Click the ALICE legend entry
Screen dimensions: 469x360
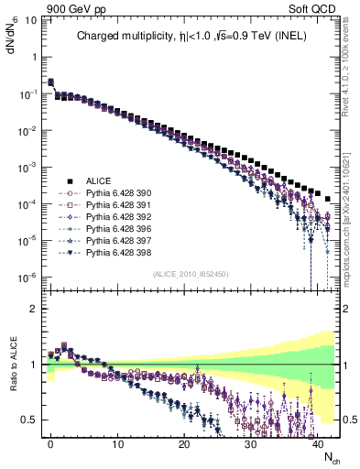click(x=98, y=180)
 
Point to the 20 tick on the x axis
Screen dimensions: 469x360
click(x=184, y=443)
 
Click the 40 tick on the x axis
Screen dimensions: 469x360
click(x=318, y=443)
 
